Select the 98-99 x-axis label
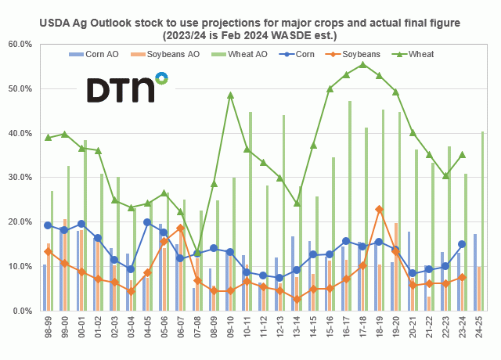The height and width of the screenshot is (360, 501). tap(48, 329)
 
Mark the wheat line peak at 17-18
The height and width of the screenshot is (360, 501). tap(362, 65)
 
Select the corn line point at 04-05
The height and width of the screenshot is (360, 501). tap(147, 222)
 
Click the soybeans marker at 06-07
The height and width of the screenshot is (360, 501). tap(180, 228)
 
